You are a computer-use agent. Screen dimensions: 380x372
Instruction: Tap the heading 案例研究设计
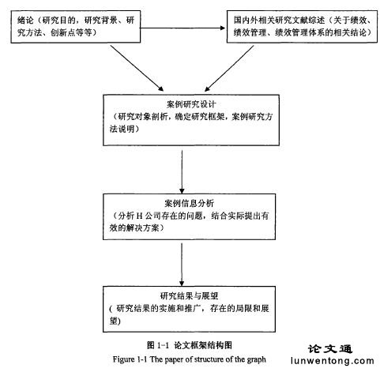pos(191,104)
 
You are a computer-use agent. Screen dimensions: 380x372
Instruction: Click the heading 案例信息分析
pos(189,203)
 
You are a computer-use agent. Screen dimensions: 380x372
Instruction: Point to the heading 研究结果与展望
pos(189,295)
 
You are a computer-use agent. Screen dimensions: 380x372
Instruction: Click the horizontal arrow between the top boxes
pos(182,28)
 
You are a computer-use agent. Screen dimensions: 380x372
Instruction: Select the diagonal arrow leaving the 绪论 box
pos(137,68)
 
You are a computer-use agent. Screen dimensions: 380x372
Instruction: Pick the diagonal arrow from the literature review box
pos(229,69)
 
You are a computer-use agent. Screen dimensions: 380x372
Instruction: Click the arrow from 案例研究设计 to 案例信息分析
pos(182,172)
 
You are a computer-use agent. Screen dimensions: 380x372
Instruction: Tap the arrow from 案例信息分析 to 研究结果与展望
pos(182,265)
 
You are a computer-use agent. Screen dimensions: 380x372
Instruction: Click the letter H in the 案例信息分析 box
pos(140,216)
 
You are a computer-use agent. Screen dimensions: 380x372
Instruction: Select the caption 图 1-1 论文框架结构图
pos(190,345)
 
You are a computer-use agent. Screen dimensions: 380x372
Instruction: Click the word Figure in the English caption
pos(123,359)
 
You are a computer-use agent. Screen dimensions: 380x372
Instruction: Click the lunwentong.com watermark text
pos(333,361)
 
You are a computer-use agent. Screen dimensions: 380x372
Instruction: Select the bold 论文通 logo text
pos(330,349)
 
